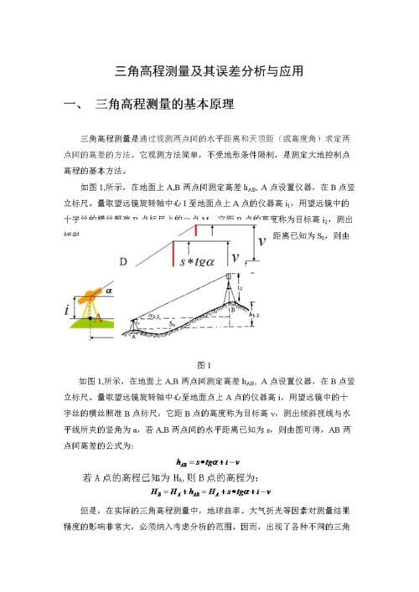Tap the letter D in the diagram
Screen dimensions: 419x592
[123, 262]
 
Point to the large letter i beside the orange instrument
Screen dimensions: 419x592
[67, 309]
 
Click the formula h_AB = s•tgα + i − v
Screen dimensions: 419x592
[209, 461]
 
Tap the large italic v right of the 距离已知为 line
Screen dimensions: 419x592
[262, 242]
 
